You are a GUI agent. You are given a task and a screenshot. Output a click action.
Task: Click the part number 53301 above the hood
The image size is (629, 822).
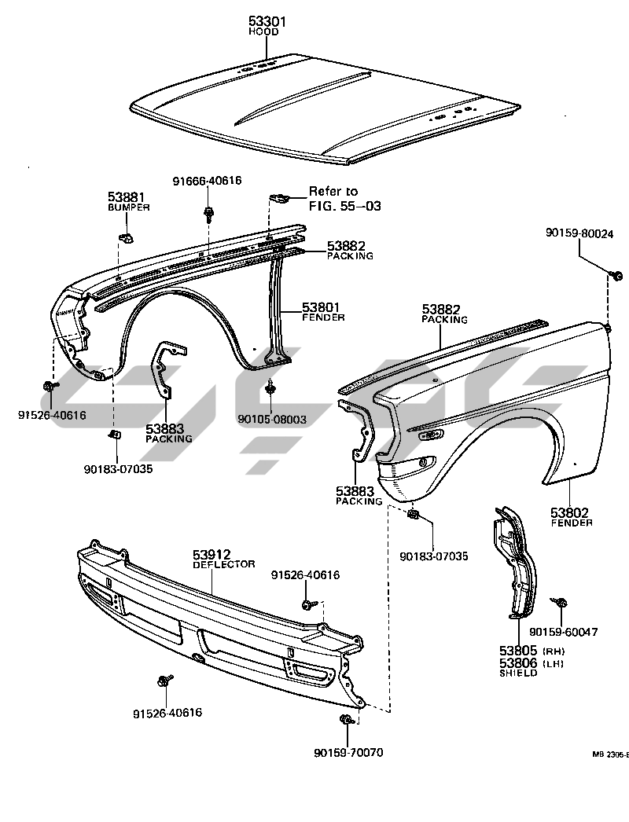tap(267, 22)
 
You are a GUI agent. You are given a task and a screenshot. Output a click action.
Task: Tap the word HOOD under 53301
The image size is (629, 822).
tap(267, 32)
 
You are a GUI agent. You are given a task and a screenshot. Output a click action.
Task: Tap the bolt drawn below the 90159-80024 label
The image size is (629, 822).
tap(617, 275)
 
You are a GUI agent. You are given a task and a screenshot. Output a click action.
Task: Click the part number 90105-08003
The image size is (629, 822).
tap(270, 420)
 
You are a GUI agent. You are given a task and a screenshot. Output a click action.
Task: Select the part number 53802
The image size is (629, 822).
tap(572, 512)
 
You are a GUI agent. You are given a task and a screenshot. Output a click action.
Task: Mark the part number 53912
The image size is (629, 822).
tap(213, 555)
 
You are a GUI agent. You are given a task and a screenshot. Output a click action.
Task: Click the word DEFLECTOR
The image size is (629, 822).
tap(224, 564)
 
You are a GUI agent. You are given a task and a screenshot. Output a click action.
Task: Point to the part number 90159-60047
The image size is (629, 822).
tap(564, 631)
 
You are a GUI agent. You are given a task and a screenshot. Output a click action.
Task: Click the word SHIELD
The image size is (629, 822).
tap(517, 673)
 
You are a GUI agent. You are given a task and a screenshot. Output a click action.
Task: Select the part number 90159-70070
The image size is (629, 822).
tap(348, 753)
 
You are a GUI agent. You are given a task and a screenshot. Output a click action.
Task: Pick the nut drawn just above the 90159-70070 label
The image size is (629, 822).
tap(347, 721)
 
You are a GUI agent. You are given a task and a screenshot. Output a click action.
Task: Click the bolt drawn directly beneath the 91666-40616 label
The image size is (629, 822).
tap(208, 212)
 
